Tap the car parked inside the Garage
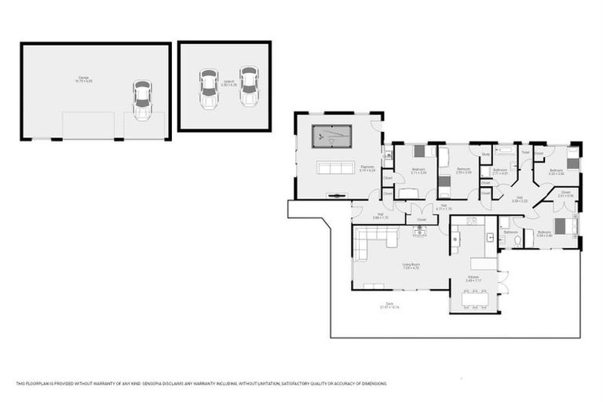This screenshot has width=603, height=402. point(142,100)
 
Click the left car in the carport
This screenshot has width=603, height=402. point(208,88)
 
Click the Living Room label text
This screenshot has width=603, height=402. point(411,265)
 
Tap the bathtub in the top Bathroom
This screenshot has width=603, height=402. point(504,149)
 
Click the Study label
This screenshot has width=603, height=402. point(487,154)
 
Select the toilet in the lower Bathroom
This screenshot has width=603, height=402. point(517,241)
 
